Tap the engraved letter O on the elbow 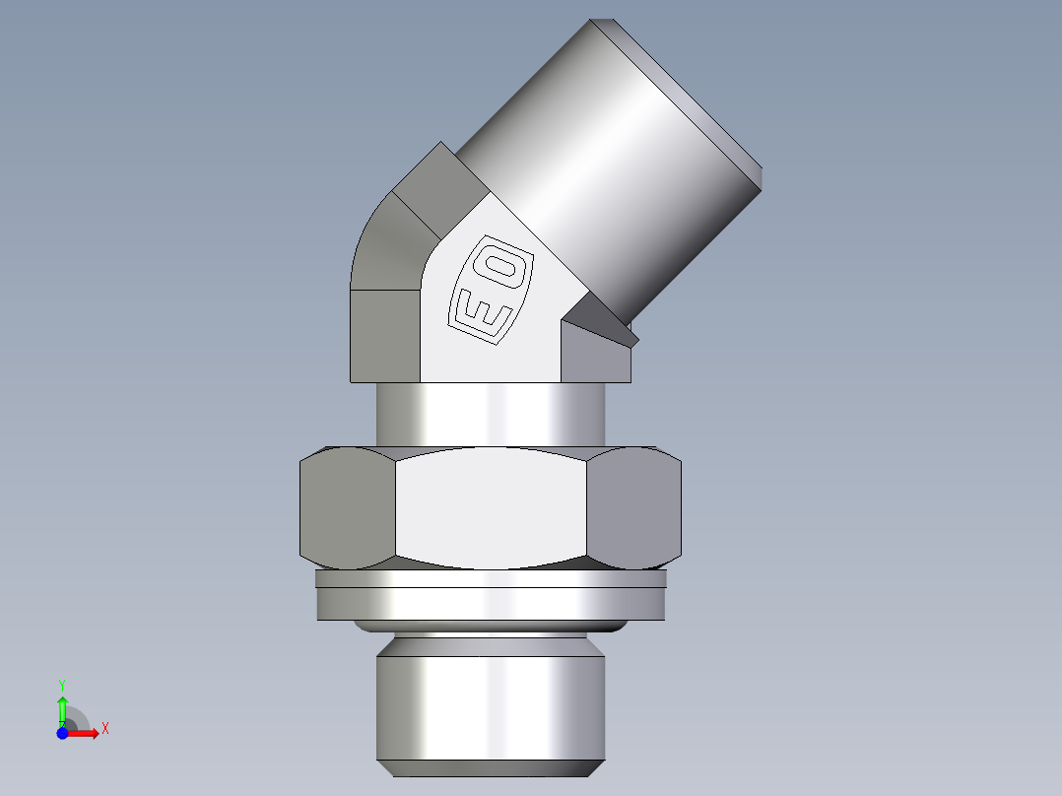click(x=507, y=268)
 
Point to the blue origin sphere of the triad click(x=63, y=733)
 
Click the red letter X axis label click(x=104, y=729)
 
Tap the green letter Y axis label click(x=62, y=683)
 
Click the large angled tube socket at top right click(x=601, y=167)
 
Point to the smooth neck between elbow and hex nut click(x=491, y=414)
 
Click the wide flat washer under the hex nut click(x=491, y=597)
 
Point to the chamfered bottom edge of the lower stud click(x=489, y=768)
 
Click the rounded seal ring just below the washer click(x=491, y=626)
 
